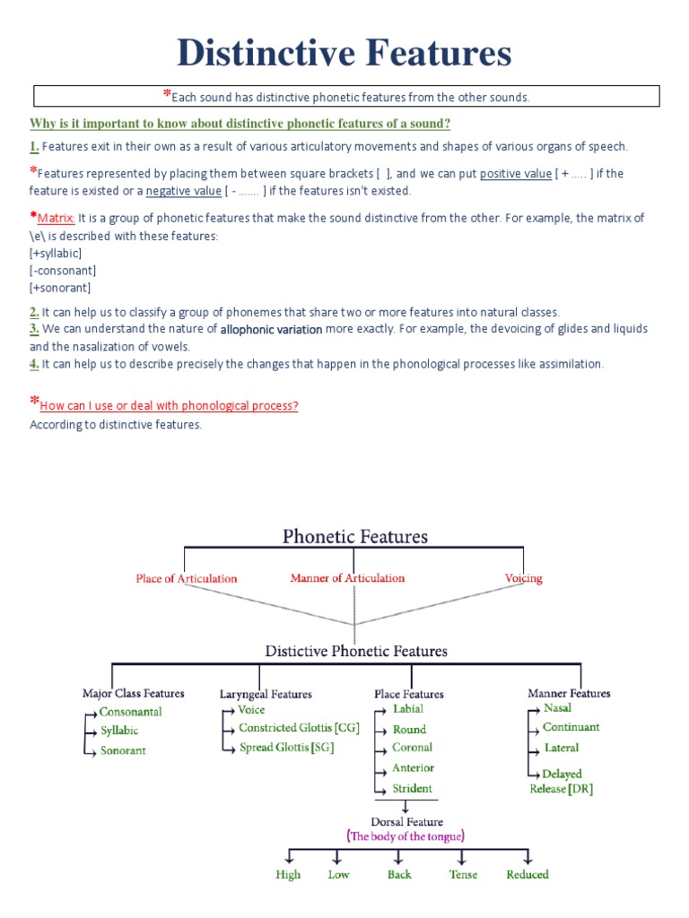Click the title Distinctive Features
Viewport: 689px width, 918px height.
point(344,53)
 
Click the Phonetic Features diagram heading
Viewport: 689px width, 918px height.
point(355,537)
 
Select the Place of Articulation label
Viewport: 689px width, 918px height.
point(187,578)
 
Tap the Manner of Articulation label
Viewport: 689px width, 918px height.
point(347,578)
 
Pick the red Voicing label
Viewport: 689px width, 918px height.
point(523,578)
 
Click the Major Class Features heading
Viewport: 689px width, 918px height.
point(133,693)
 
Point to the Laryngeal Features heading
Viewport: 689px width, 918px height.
point(266,694)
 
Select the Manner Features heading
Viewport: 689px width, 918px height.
point(569,693)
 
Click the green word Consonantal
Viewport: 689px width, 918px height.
point(131,712)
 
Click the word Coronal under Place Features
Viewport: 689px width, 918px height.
point(412,748)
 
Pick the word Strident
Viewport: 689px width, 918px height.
point(412,789)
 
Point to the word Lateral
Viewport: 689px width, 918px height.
point(562,748)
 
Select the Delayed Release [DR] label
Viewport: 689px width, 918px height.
point(562,782)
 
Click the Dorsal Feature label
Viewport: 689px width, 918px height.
point(406,821)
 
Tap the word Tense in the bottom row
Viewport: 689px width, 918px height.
point(463,875)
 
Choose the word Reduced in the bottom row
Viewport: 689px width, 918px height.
point(528,875)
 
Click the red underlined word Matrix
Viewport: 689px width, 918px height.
point(57,218)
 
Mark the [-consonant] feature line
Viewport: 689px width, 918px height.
point(63,271)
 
